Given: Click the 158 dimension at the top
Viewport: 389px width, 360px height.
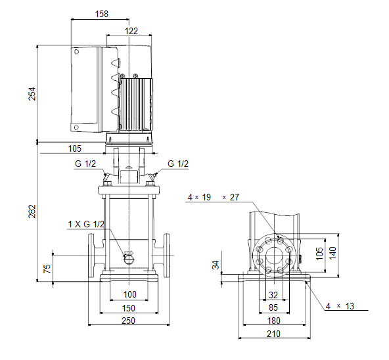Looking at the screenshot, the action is (102, 14).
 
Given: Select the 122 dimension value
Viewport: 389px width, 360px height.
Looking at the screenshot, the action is (131, 31).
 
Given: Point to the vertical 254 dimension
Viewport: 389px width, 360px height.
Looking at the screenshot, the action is (32, 94).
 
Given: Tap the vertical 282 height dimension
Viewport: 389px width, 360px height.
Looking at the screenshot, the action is (32, 212).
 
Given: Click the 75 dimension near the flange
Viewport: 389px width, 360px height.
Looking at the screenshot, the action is (47, 269).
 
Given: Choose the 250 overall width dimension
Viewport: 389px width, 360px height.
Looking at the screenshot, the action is (129, 321).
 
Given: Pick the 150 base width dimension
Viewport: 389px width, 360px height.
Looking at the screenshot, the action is (129, 308).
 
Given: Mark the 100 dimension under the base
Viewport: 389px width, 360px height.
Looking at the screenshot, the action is (129, 294).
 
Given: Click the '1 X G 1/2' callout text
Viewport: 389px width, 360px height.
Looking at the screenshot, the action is (86, 224).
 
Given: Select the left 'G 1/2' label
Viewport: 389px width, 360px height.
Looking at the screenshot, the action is (85, 164).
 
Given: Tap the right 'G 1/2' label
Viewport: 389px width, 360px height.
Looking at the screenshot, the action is (178, 164).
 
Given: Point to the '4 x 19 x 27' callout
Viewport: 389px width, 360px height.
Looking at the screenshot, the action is (214, 197).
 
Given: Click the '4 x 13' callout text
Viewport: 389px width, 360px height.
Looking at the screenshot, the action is (340, 306).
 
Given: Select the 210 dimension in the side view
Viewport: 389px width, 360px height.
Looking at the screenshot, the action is (273, 334).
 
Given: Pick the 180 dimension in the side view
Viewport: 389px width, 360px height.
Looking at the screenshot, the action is (273, 321).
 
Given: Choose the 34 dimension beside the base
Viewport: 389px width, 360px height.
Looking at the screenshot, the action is (216, 265).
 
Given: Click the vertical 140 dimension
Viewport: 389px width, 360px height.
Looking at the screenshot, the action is (332, 253).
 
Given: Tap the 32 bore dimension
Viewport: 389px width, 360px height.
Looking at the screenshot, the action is (273, 295).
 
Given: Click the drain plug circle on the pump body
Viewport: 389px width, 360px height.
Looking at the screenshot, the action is (129, 259).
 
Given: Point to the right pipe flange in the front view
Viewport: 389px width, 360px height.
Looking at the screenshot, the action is (167, 256).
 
